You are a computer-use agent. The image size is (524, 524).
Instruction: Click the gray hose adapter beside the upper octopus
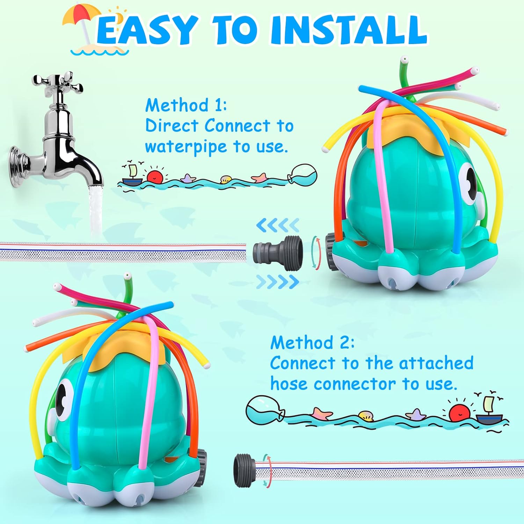click(278, 253)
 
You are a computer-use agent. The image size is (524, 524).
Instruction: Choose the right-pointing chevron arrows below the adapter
click(278, 282)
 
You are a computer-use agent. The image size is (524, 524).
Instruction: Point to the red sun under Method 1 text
click(155, 176)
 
